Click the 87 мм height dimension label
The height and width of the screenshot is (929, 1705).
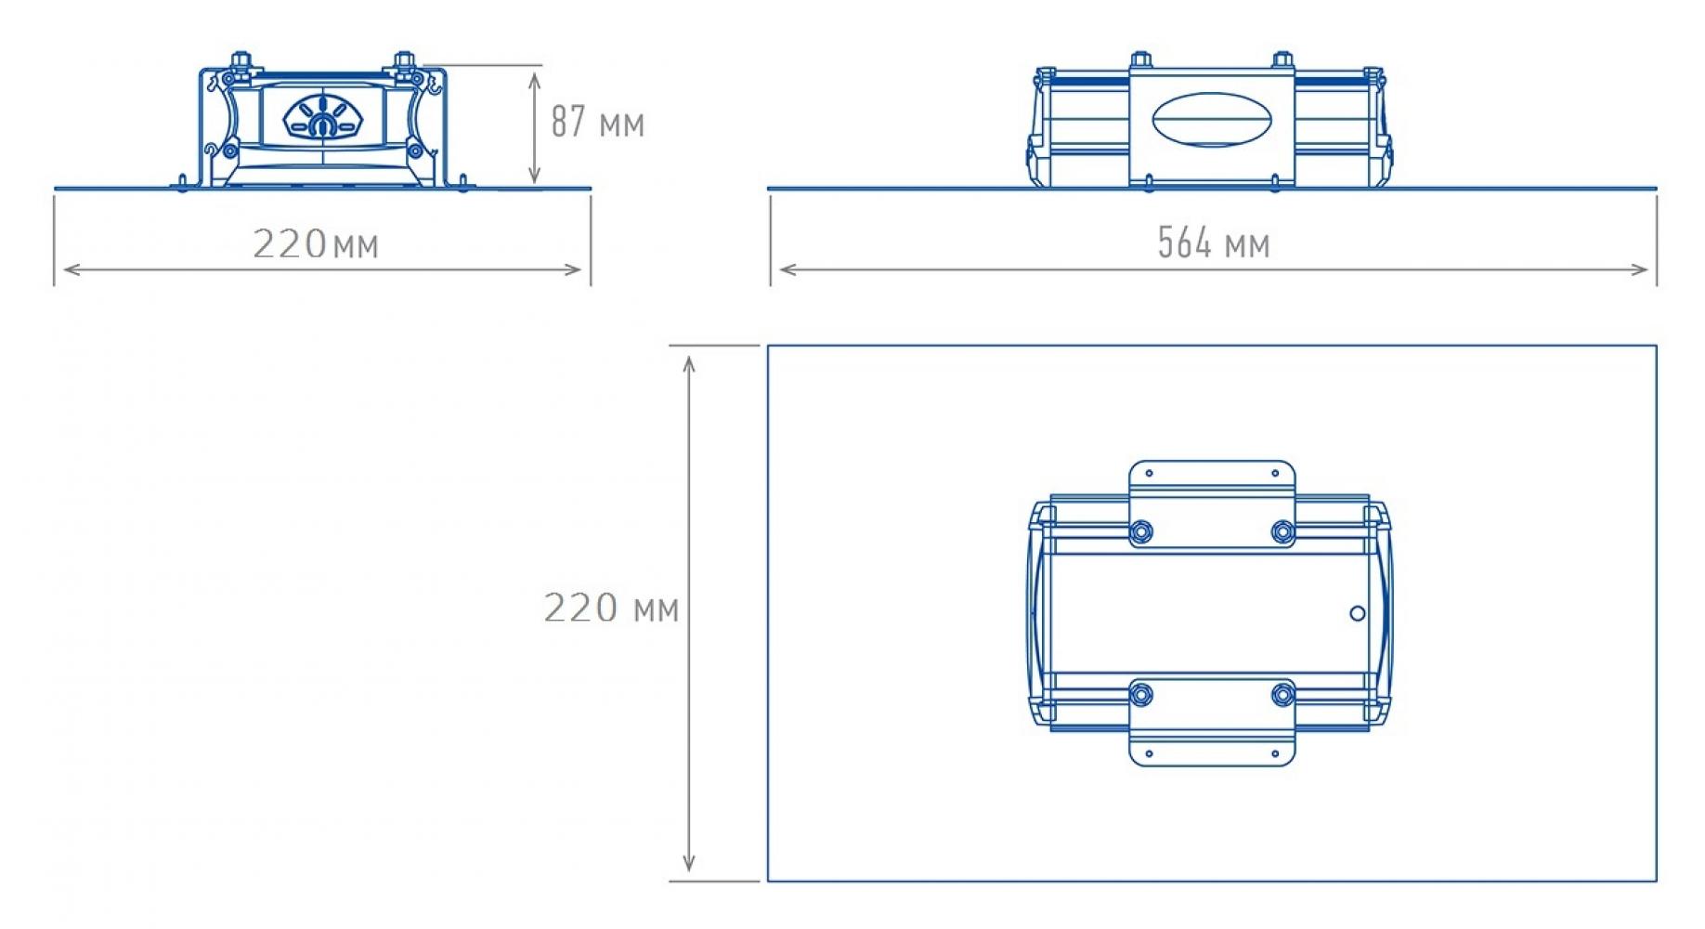pyautogui.click(x=597, y=122)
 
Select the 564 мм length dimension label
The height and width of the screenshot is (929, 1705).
pyautogui.click(x=1213, y=243)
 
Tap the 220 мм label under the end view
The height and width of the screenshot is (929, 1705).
pyautogui.click(x=316, y=244)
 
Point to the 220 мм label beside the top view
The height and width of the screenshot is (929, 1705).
pyautogui.click(x=611, y=608)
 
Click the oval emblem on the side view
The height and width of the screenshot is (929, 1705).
pyautogui.click(x=1212, y=119)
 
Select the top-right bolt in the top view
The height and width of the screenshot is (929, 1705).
pyautogui.click(x=1282, y=531)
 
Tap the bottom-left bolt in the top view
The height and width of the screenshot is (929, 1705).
pyautogui.click(x=1141, y=694)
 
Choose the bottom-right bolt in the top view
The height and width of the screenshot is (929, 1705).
pyautogui.click(x=1282, y=694)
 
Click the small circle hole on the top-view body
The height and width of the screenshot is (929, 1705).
pyautogui.click(x=1357, y=613)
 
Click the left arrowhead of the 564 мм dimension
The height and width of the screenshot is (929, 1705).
pyautogui.click(x=788, y=270)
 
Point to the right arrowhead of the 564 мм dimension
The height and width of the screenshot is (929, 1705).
pyautogui.click(x=1639, y=270)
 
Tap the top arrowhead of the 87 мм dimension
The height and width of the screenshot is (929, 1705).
pyautogui.click(x=534, y=81)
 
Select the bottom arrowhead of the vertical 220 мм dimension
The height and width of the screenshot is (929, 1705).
pyautogui.click(x=689, y=863)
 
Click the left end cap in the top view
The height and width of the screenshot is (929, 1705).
pyautogui.click(x=1040, y=613)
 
